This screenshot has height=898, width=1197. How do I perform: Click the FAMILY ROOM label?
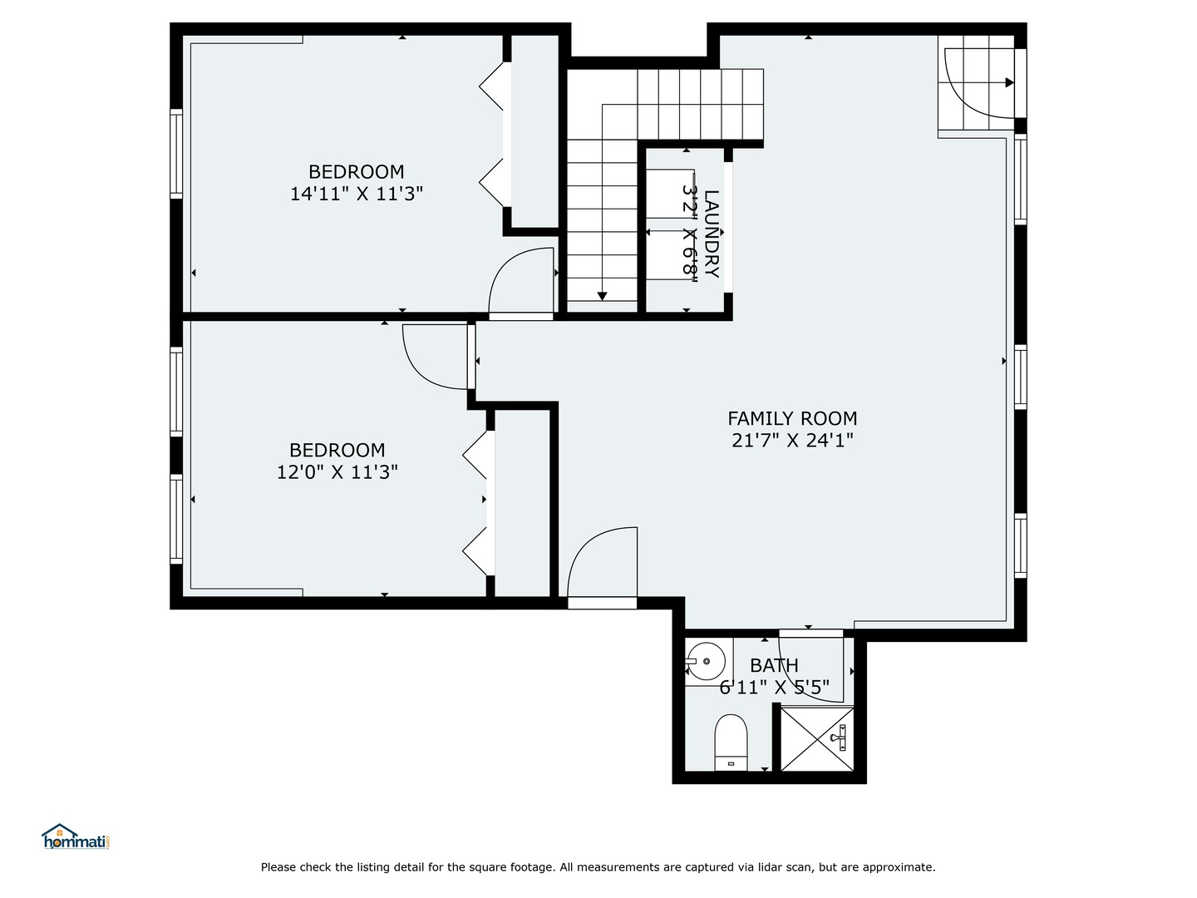791,418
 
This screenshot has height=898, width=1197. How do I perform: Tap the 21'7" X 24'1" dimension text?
792,441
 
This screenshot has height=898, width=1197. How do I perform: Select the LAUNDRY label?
712,234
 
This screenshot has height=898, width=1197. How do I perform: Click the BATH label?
774,665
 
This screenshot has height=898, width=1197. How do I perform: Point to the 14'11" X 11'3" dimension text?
357,194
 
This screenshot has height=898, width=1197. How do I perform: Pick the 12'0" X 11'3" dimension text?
337,472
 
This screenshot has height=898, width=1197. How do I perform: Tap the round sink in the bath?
707,662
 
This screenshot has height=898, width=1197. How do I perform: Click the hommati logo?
76,837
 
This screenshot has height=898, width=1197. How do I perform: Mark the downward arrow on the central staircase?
602,295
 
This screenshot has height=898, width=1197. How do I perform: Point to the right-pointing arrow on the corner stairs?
1008,82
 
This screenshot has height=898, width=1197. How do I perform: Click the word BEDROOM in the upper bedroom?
356,172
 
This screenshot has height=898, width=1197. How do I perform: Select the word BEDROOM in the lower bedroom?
337,450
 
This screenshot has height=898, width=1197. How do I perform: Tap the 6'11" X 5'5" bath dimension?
774,688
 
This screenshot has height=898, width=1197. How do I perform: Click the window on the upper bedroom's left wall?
176,154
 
